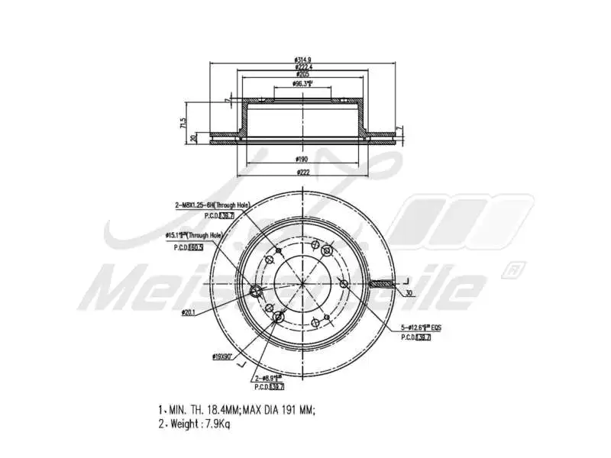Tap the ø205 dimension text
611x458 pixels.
(303, 75)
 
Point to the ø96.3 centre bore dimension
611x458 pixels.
(304, 84)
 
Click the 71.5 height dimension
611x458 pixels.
(183, 122)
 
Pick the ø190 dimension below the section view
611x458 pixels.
(303, 159)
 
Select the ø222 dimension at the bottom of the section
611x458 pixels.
(303, 173)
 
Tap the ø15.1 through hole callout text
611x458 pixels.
(195, 236)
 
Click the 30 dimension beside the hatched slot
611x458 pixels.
(409, 293)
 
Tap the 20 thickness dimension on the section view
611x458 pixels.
(194, 137)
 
